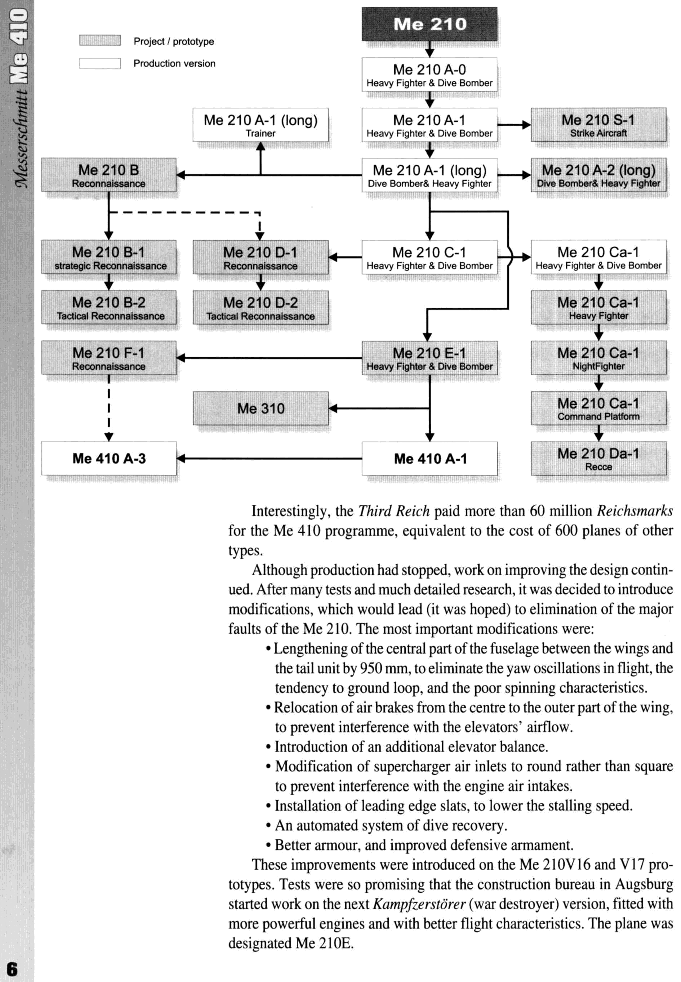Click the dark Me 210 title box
(429, 24)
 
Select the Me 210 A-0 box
(429, 75)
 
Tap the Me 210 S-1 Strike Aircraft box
(598, 125)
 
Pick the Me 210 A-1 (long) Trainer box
(260, 125)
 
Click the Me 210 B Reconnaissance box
(109, 175)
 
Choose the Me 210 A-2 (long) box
(598, 175)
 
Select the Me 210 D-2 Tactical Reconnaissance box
(260, 308)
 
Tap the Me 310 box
(260, 408)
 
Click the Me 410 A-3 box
(109, 459)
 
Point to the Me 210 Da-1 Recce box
(598, 459)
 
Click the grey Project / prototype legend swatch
(100, 40)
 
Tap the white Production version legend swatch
(100, 63)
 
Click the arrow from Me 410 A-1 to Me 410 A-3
(269, 459)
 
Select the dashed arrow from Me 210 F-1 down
(109, 407)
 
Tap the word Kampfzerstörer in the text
(419, 904)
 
